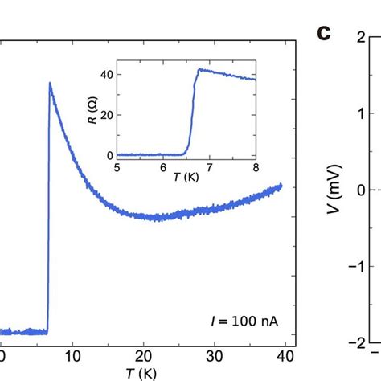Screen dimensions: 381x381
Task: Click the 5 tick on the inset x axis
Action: click(117, 168)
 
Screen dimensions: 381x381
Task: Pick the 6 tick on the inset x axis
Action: click(163, 168)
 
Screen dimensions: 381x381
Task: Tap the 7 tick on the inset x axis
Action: click(209, 168)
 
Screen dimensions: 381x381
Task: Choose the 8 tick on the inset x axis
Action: click(255, 168)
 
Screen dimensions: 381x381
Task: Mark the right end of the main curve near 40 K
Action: click(282, 186)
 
